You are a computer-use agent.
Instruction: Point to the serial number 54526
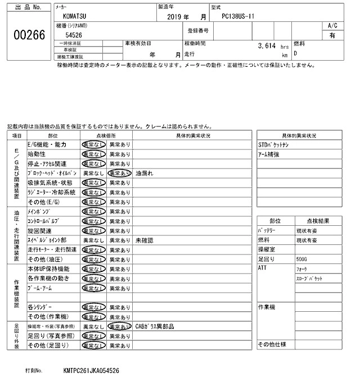[74, 35]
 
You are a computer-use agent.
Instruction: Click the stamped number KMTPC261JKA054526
[91, 371]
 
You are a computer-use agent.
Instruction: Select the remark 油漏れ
[145, 173]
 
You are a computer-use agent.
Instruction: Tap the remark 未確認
[145, 240]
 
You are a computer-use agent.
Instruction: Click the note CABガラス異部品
[155, 326]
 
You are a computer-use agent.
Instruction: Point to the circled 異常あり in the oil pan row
[119, 173]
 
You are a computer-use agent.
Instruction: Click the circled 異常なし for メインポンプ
[93, 211]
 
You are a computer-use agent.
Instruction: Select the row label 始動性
[37, 154]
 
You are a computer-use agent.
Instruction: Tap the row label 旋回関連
[39, 230]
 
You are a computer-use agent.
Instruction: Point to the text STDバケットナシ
[274, 144]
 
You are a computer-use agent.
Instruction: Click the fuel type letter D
[295, 53]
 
